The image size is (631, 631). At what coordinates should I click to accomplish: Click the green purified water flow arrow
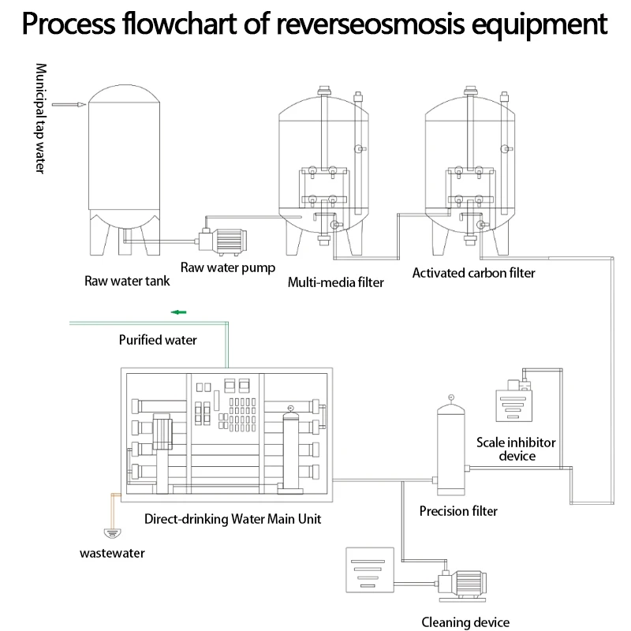click(x=180, y=312)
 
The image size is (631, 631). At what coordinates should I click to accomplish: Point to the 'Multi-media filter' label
click(x=335, y=282)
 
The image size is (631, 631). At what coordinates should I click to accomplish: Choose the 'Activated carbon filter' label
click(x=473, y=273)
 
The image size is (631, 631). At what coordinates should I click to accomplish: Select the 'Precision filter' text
click(x=458, y=511)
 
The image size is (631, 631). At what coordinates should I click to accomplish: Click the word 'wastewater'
click(x=113, y=553)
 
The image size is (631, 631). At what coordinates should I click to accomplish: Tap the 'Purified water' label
click(x=158, y=341)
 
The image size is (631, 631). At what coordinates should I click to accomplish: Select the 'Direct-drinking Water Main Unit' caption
click(x=233, y=519)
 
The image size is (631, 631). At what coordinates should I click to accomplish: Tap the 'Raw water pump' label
click(x=228, y=267)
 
